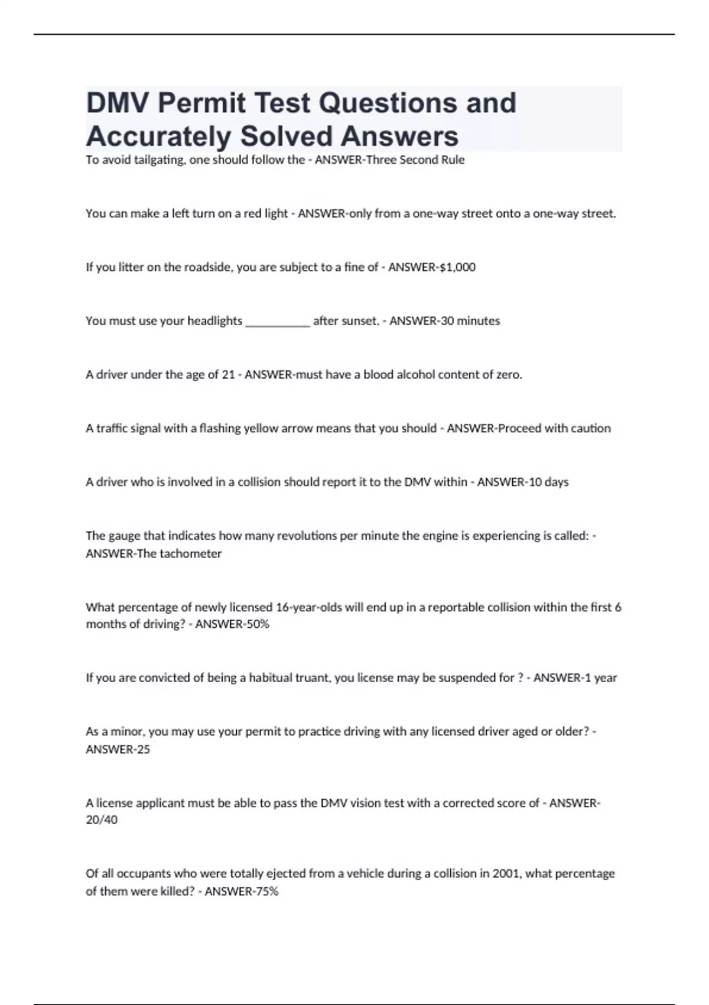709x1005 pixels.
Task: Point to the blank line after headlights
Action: (277, 322)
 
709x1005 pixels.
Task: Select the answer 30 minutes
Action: (470, 321)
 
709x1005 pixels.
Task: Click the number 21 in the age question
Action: (228, 375)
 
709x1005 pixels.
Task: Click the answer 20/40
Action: (102, 820)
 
